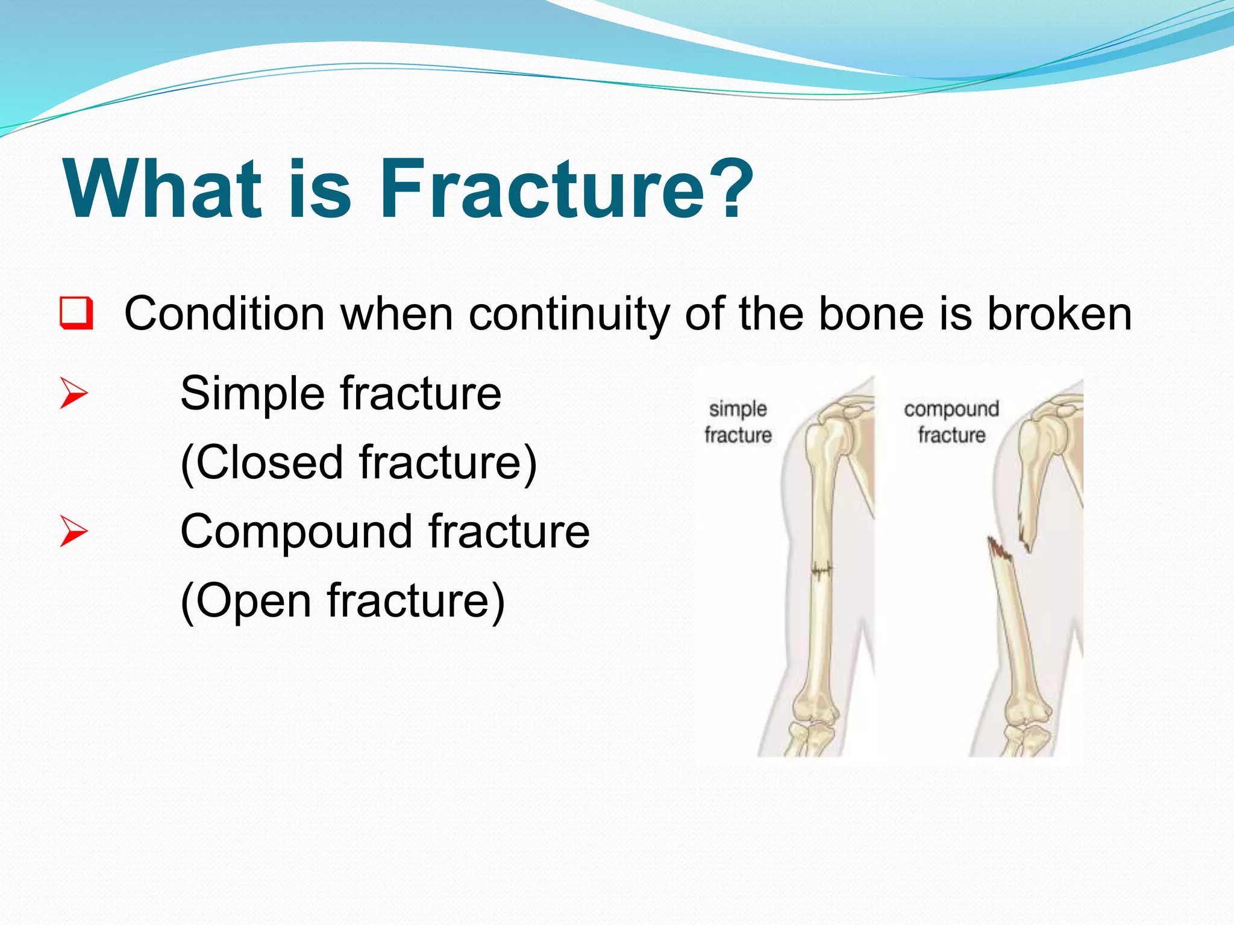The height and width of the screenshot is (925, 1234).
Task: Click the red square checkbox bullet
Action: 77,313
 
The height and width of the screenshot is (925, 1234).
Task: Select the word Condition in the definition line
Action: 224,314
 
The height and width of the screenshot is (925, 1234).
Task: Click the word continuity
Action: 568,314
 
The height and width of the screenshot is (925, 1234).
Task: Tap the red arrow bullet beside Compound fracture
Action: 74,531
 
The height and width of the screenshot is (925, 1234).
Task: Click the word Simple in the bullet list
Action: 252,394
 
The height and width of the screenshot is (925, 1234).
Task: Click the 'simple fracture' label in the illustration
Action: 738,422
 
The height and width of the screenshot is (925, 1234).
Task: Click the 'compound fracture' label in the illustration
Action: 951,422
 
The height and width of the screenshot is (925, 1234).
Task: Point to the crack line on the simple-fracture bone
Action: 821,570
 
